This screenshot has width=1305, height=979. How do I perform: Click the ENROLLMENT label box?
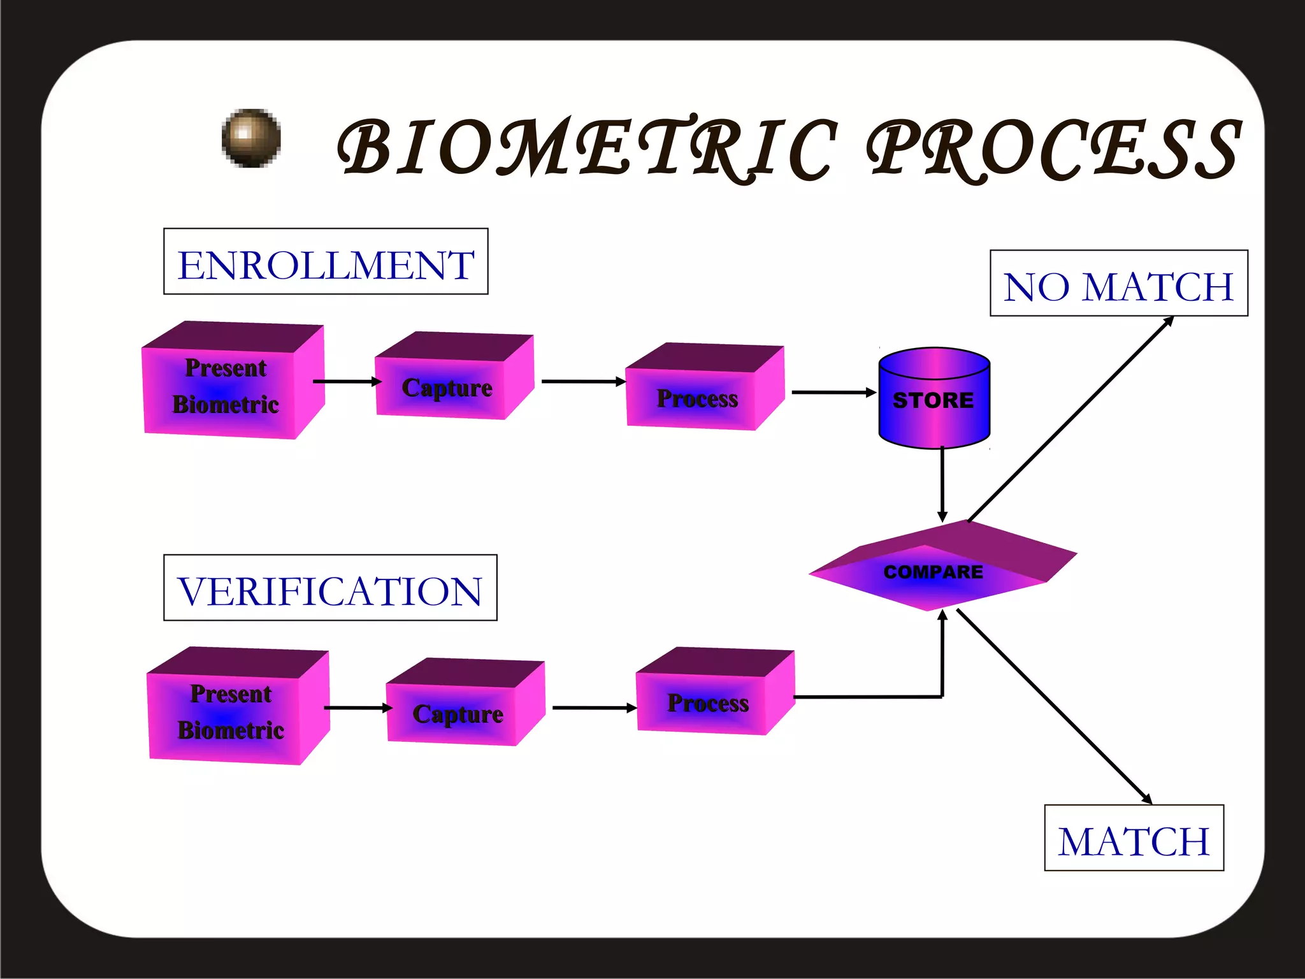[326, 261]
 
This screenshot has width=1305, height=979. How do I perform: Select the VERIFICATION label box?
[330, 588]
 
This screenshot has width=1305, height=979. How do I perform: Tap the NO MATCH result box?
[1118, 283]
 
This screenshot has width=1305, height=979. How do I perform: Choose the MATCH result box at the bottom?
[1134, 838]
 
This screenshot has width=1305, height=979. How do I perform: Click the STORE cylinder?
[934, 399]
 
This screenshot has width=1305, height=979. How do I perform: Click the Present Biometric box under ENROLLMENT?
[226, 386]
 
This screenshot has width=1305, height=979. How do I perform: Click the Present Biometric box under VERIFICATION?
[231, 712]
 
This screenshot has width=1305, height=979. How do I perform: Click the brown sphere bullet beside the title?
[251, 138]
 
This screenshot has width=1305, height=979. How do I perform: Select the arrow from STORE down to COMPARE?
[942, 484]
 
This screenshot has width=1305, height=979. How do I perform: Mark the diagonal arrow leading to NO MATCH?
[1071, 418]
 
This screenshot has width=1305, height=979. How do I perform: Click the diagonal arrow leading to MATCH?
[1055, 706]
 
